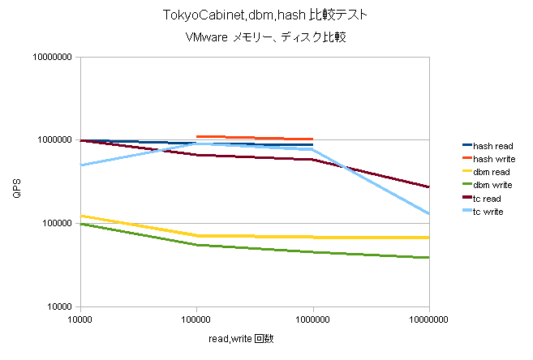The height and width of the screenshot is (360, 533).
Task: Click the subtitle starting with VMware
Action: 266,37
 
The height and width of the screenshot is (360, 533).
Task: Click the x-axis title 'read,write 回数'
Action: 240,338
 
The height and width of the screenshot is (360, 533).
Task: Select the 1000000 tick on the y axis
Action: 51,140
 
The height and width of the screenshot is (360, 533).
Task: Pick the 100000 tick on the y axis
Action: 54,224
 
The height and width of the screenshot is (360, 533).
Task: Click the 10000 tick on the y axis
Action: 57,306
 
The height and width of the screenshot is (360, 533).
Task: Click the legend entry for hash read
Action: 491,145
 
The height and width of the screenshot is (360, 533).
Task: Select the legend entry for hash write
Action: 492,158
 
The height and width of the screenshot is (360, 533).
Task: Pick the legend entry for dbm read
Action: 490,172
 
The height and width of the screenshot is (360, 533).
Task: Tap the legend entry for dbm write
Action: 491,185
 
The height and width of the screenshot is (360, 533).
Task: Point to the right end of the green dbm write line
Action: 428,258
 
